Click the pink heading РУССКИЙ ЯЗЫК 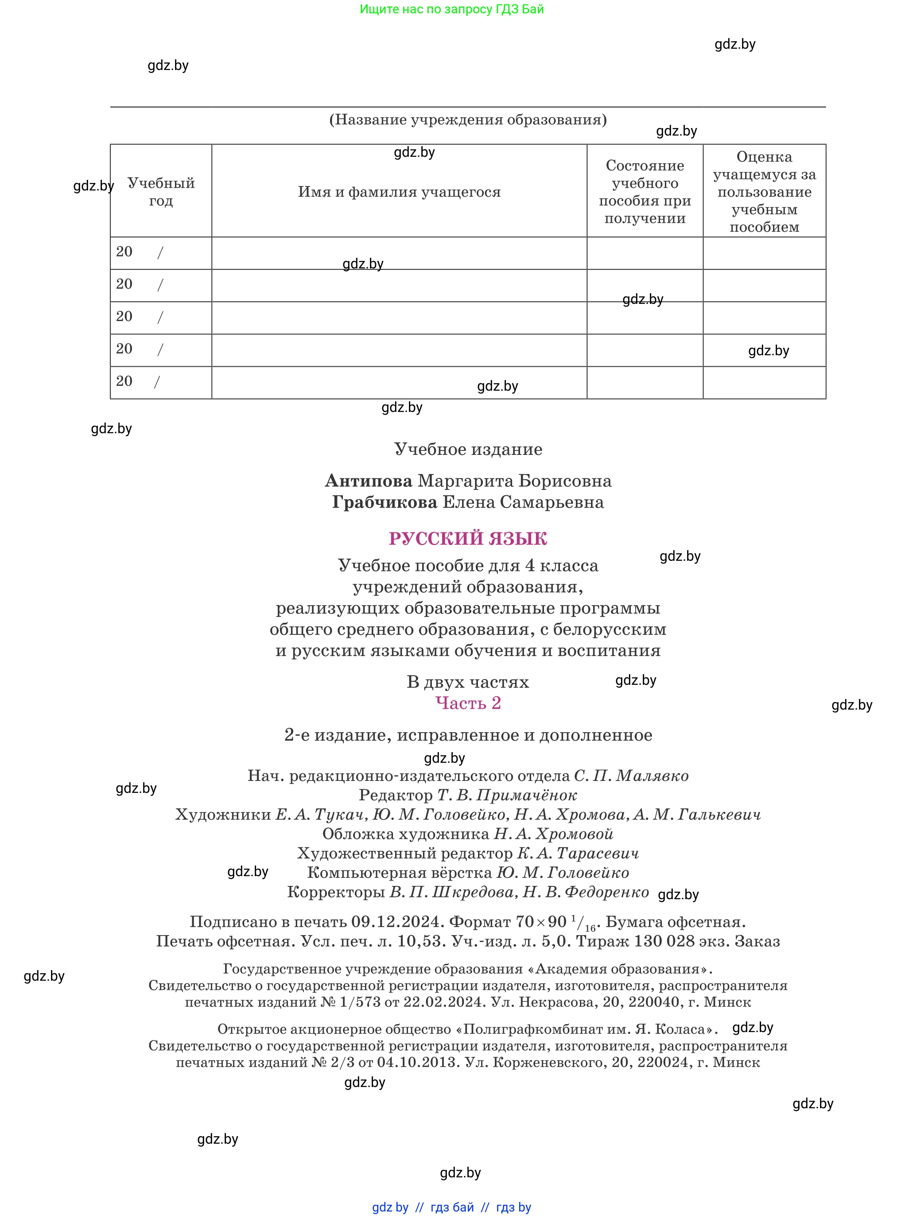tap(467, 539)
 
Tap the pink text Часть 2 tap(467, 703)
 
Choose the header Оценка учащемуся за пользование tap(764, 191)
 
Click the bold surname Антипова tap(368, 481)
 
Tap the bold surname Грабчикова tap(385, 502)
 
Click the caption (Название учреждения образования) tap(467, 120)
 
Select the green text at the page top tap(451, 9)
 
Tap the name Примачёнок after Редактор tap(526, 795)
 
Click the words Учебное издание tap(467, 449)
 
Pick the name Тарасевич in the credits tap(598, 853)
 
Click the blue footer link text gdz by tap(390, 1207)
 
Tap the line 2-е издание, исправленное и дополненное tap(467, 735)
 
